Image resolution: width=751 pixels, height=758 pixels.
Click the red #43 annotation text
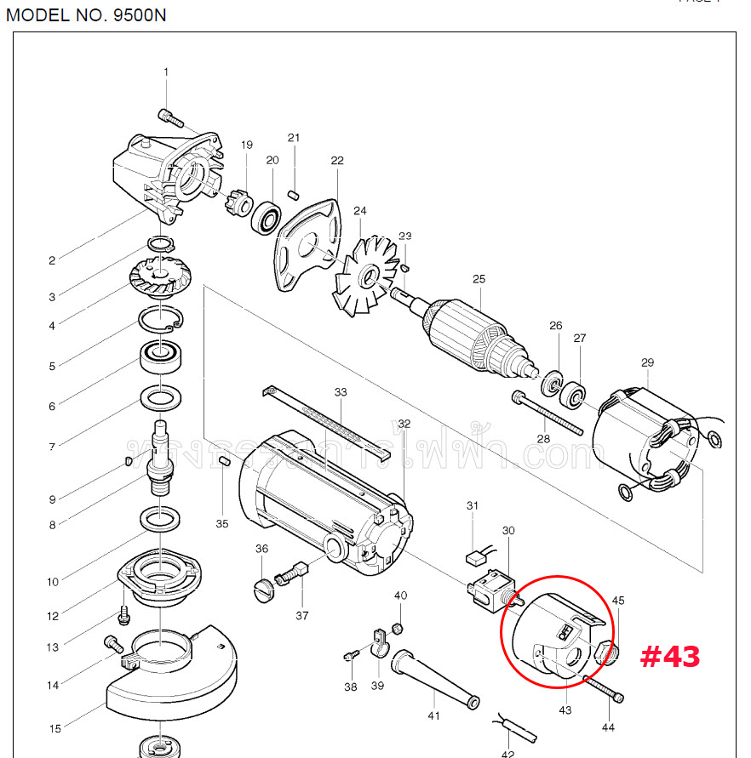(670, 656)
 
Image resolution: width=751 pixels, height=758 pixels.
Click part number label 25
(479, 278)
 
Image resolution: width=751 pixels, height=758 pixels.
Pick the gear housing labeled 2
(166, 174)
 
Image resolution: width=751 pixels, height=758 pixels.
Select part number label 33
(341, 392)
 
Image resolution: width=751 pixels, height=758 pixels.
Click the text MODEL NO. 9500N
(85, 15)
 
